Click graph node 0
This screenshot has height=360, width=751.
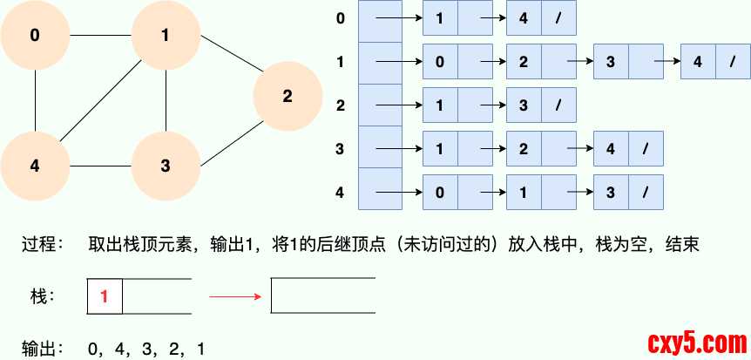35,36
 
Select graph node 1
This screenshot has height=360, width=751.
166,36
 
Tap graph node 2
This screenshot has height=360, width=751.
288,97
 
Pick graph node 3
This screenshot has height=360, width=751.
166,166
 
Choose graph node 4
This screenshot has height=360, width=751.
35,166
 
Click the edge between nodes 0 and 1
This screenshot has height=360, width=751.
100,36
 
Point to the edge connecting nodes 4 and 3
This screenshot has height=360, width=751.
100,166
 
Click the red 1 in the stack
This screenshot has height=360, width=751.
105,296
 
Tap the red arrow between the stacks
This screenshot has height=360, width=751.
235,296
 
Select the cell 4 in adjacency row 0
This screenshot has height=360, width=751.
524,18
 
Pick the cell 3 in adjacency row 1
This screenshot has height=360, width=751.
611,62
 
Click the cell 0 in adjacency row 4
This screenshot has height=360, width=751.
440,192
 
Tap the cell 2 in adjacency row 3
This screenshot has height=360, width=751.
524,149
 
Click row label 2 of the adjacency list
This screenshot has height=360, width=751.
341,105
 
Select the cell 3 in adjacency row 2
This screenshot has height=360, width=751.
524,105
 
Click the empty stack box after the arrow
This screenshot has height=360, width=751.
323,296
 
